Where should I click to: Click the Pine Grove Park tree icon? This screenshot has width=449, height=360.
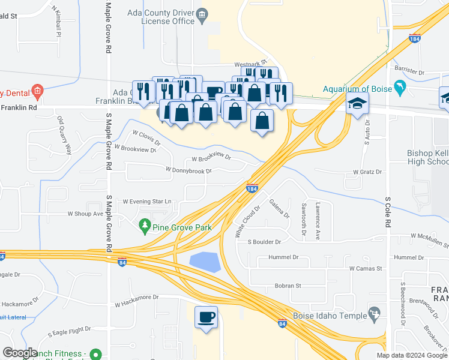click(144, 227)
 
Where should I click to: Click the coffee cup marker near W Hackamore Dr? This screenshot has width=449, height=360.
click(206, 317)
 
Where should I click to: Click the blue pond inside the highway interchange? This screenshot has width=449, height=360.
click(204, 262)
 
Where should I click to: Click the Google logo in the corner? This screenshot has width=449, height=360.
click(20, 353)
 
